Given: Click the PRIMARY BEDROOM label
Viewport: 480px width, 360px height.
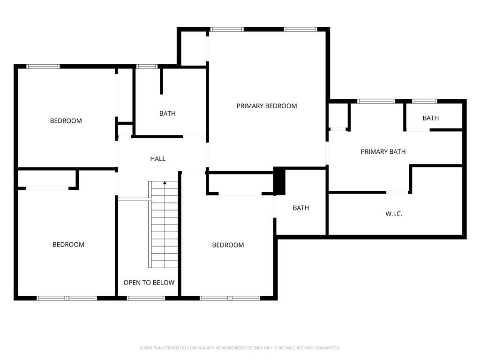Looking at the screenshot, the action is click(267, 106).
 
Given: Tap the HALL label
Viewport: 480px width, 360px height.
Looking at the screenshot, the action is click(157, 158).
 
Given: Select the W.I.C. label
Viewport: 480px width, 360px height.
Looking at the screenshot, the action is click(394, 214).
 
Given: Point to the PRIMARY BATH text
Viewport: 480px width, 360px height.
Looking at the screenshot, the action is click(383, 151).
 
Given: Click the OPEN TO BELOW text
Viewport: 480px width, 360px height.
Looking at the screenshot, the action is click(149, 283).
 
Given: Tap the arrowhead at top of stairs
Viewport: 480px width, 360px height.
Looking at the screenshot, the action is click(165, 183).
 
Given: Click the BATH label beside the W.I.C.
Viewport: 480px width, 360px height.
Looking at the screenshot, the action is click(301, 208).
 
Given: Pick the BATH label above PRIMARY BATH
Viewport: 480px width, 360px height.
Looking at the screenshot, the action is click(430, 118).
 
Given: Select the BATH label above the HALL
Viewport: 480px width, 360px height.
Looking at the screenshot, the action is click(167, 113).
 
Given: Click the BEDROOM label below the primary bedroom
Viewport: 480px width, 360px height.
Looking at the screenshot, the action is click(228, 245).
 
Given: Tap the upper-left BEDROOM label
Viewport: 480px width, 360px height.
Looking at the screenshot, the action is click(66, 120).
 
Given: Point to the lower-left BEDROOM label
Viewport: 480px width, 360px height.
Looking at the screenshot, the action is click(68, 245).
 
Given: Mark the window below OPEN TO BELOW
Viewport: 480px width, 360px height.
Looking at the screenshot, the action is click(146, 298).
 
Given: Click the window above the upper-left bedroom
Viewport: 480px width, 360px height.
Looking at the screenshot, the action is click(43, 67).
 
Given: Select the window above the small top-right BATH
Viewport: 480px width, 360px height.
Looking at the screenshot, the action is click(424, 101).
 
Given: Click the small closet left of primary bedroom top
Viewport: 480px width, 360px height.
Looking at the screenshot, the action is click(193, 48).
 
